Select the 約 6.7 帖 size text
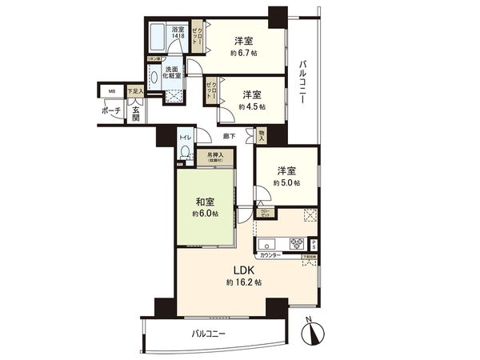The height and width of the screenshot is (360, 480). (x=245, y=53)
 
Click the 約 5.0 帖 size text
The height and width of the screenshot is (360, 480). (x=286, y=183)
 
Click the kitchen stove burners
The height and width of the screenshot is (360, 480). (x=293, y=243)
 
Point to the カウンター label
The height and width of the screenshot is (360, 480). (x=270, y=254)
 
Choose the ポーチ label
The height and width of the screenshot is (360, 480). (x=111, y=111)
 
